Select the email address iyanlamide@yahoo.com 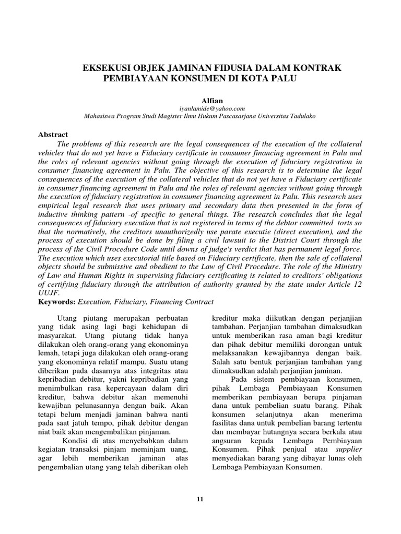click(x=200, y=108)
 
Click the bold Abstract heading click(x=54, y=135)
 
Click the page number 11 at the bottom click(x=200, y=499)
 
